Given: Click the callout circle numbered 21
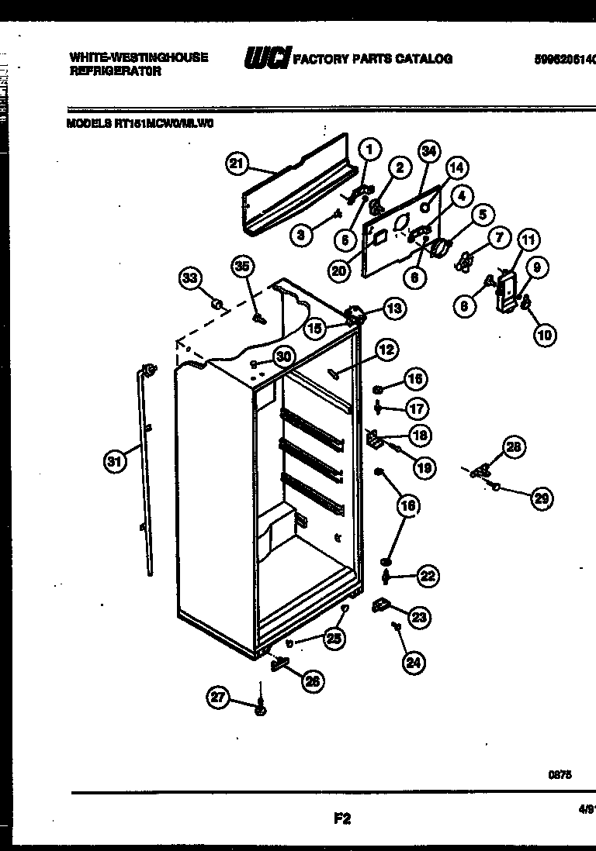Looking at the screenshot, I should [237, 164].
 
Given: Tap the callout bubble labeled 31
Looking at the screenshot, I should [114, 463].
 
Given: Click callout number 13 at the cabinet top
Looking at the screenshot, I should [393, 308].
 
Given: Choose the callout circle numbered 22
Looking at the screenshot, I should [427, 575].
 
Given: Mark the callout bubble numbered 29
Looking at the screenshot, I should [542, 499].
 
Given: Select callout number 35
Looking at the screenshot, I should [243, 267].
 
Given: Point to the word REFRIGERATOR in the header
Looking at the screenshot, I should [115, 71].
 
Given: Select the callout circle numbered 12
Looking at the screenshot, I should [386, 350].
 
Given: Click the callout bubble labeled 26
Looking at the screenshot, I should [313, 681].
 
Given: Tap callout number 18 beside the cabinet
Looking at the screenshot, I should [421, 436].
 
